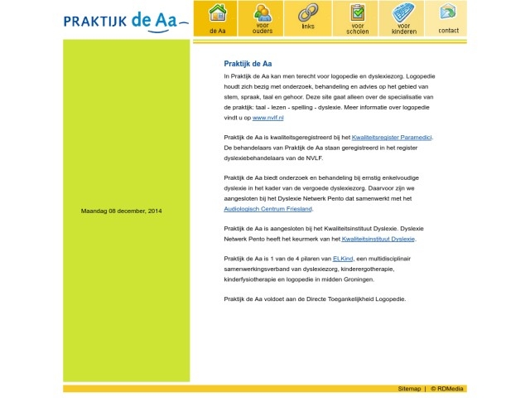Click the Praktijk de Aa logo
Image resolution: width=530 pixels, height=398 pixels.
coord(125,19)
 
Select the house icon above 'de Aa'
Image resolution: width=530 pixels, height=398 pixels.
coord(217,13)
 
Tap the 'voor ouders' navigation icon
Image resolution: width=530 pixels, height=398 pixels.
coord(263,13)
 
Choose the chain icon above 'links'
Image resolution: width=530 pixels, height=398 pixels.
coord(308,13)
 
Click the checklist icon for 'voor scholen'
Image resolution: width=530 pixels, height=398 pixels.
coord(358,13)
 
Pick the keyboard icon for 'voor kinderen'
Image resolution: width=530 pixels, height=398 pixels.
coord(403,13)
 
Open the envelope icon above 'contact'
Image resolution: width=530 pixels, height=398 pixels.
coord(448,12)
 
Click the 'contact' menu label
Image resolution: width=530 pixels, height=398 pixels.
coord(448,31)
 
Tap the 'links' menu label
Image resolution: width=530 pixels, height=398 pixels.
coord(308,27)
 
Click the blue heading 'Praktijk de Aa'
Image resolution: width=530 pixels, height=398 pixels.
coord(248,64)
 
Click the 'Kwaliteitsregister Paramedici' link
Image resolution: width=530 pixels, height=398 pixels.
coord(392,136)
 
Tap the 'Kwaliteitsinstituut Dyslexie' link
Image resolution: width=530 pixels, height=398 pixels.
coord(378,239)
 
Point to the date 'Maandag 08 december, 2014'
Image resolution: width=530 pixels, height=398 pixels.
coord(121,211)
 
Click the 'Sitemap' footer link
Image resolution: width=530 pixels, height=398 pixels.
coord(409,388)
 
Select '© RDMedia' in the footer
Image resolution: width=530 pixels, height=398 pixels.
coord(447,388)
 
